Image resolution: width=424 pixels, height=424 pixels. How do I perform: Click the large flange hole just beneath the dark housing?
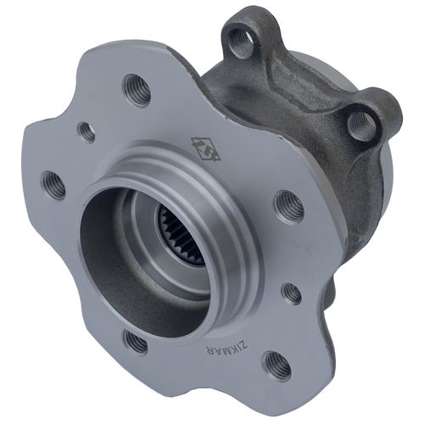[x=288, y=204]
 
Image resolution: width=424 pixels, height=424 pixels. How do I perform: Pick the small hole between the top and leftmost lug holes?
[x=86, y=131]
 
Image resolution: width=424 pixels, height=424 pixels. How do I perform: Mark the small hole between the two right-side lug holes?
[x=291, y=293]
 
